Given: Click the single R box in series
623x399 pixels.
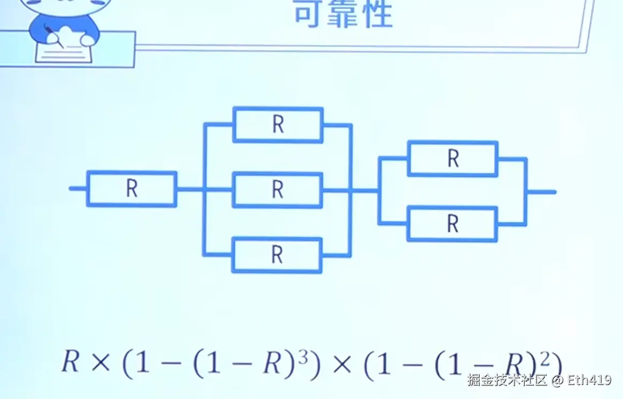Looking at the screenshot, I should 132,189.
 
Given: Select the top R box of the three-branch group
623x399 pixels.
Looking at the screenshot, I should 278,125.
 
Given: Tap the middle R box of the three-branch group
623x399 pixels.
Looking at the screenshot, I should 278,190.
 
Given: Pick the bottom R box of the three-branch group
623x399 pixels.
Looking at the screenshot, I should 277,255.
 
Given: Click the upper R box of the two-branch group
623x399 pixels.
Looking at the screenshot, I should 453,159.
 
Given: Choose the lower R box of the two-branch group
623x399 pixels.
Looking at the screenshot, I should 453,224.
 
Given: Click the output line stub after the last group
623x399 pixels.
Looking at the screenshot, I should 541,191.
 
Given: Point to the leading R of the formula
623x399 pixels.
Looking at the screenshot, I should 70,363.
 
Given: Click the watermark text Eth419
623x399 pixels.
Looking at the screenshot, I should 589,381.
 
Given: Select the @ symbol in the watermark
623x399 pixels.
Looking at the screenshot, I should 557,381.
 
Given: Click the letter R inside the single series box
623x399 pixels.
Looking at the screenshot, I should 132,189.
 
